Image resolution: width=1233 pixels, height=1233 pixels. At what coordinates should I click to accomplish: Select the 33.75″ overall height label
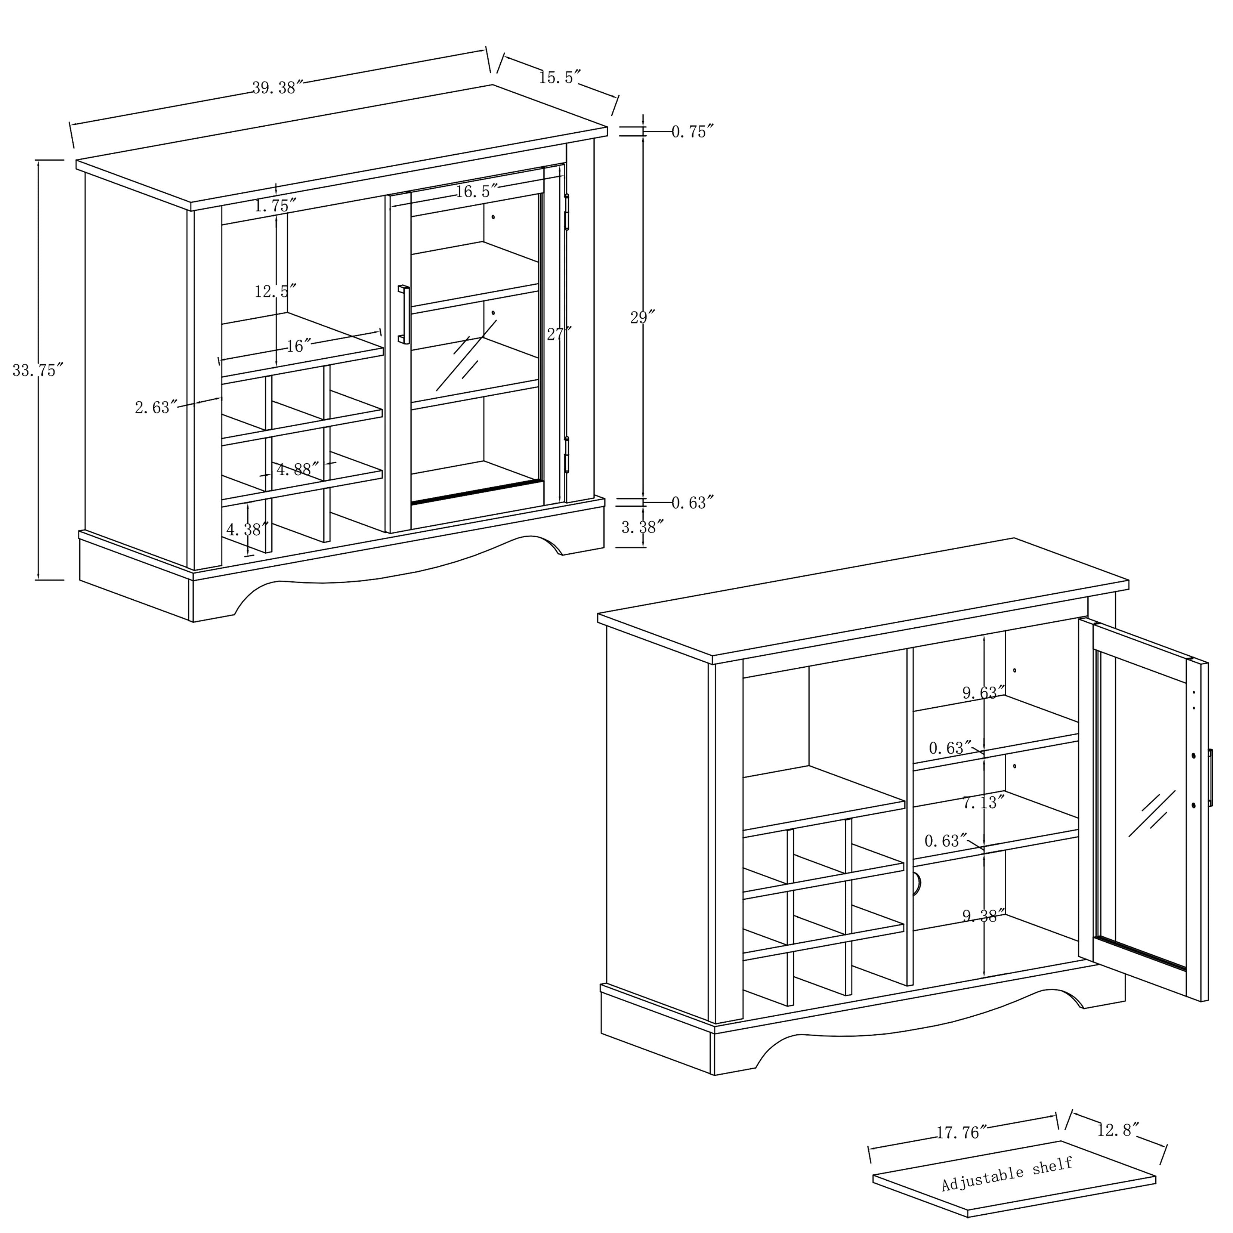(x=38, y=370)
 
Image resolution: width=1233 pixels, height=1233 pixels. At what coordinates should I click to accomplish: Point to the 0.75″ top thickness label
(x=692, y=132)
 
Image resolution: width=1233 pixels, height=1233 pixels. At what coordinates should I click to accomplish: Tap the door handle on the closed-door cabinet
(x=404, y=315)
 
